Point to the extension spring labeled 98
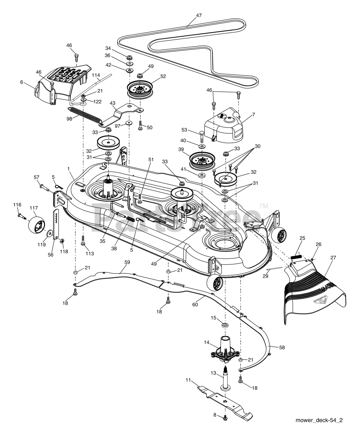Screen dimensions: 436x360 [x=85, y=114]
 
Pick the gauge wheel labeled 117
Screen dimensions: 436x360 [x=37, y=225]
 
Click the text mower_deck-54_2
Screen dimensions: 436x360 [x=319, y=420]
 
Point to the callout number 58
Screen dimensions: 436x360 [x=282, y=347]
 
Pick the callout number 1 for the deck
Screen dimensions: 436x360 [x=69, y=169]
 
